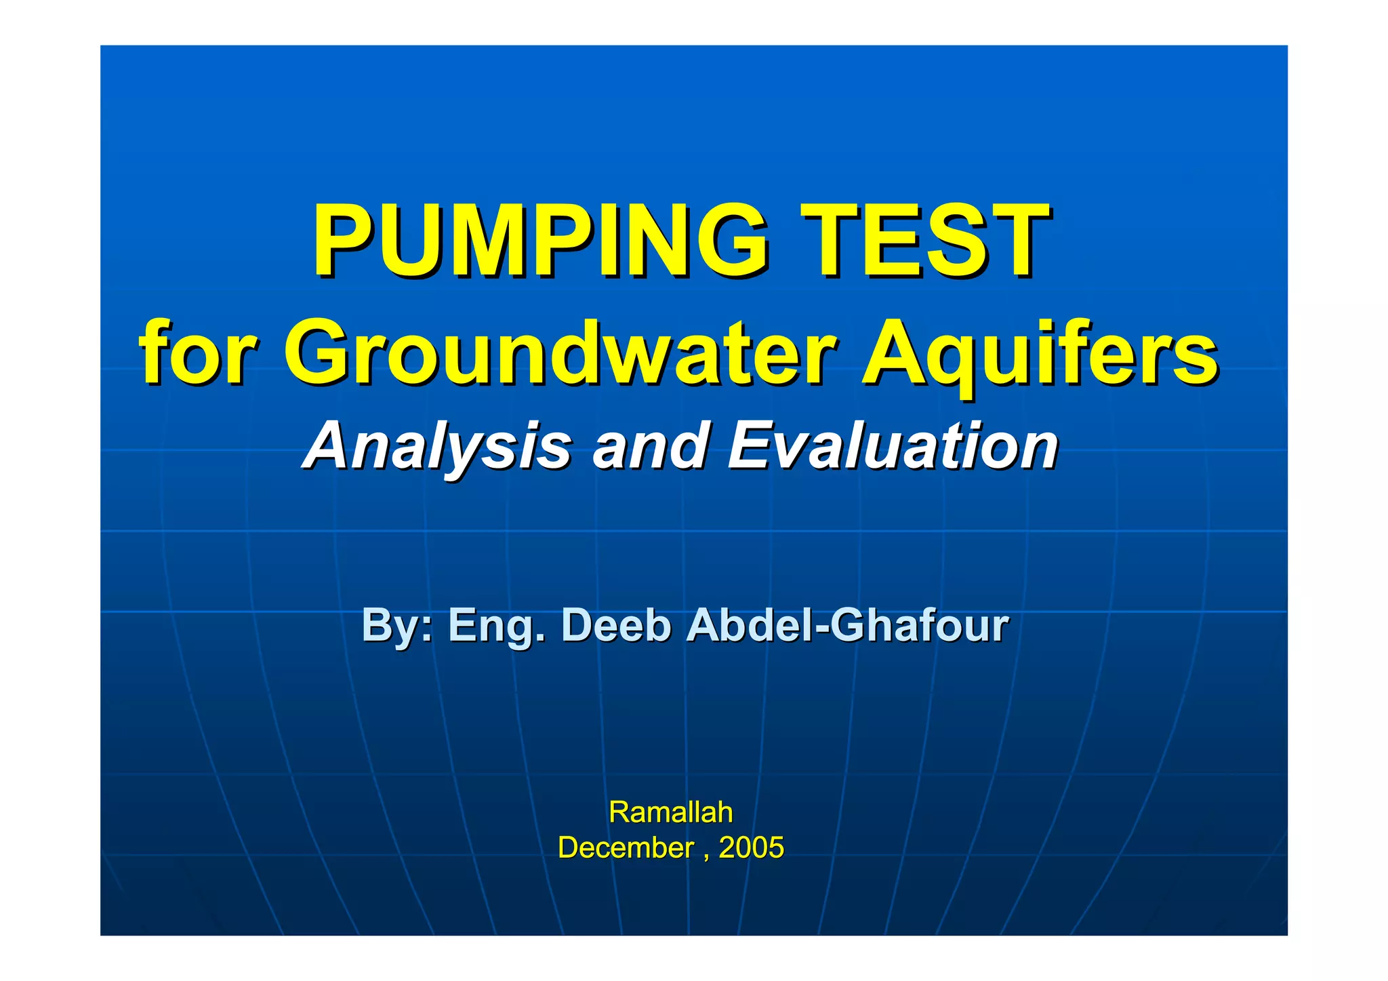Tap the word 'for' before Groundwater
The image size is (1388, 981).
tap(197, 354)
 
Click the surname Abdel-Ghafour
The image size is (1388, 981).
tap(847, 625)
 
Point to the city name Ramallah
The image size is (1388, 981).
tap(671, 812)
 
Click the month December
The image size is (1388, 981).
tap(626, 847)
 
